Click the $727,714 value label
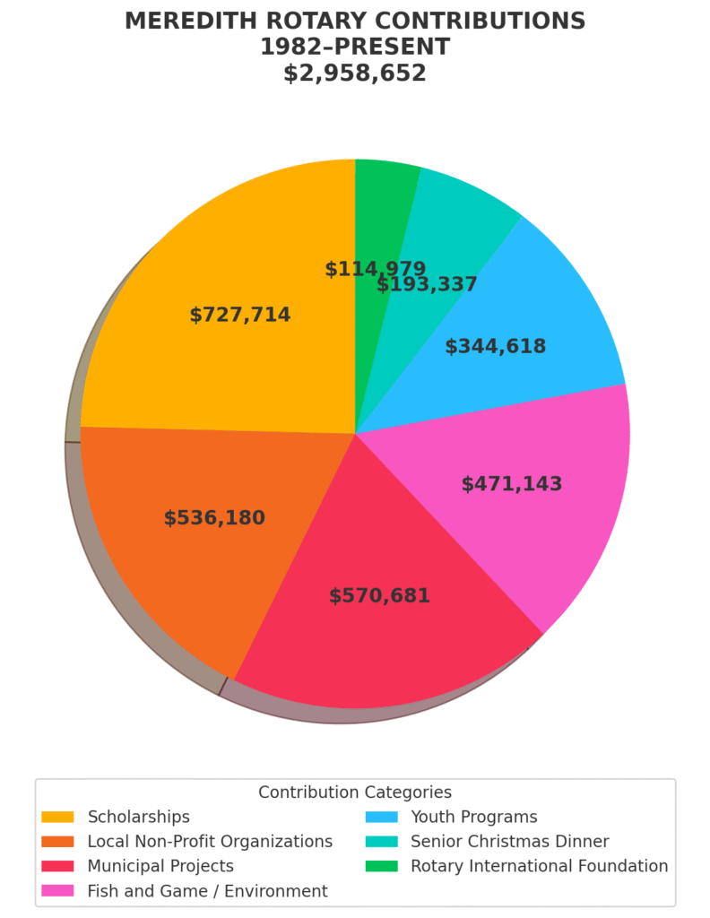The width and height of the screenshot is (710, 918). coord(240,316)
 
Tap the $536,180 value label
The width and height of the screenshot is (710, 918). coord(214,518)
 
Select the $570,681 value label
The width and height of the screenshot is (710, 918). coord(379,596)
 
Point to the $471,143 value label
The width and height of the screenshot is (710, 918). coord(512,484)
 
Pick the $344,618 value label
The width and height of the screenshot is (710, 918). coord(495,347)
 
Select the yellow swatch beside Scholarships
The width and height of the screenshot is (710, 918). coord(58,817)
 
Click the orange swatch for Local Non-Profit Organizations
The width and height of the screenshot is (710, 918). coord(58,842)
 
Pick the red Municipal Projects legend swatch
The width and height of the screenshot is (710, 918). coord(58,866)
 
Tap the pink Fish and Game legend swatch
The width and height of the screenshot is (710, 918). coord(58,891)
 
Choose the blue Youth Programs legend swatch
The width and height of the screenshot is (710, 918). coord(382,817)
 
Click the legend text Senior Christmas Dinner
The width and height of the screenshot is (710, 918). coord(509,842)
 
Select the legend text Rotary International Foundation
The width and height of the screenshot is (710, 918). coord(539,866)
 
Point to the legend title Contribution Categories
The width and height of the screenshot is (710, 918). coord(355,792)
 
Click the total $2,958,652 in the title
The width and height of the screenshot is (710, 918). coord(355,74)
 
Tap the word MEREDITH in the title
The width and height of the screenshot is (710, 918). coord(186,22)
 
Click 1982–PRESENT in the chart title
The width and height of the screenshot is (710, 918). coord(355,48)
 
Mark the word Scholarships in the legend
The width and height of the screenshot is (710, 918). coord(138,817)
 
